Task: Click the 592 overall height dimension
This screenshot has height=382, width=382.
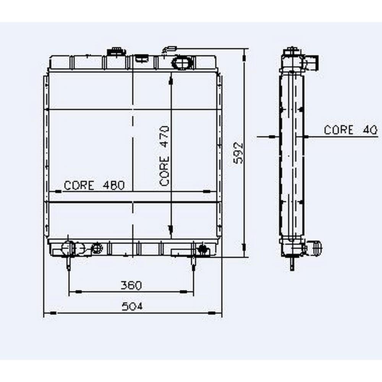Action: click(x=238, y=153)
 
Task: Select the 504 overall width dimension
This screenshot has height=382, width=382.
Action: click(x=132, y=306)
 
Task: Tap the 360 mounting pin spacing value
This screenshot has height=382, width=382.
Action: click(x=131, y=285)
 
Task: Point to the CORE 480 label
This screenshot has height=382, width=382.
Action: click(x=94, y=185)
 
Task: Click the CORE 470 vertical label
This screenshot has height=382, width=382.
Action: click(x=164, y=156)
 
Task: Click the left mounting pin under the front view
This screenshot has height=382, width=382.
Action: click(x=69, y=263)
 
